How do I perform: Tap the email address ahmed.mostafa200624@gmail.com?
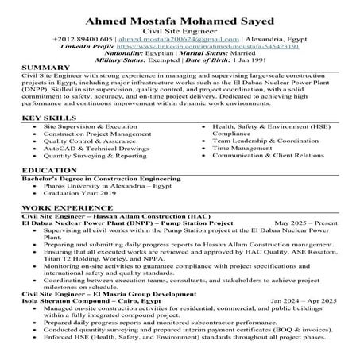(x=161, y=37)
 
